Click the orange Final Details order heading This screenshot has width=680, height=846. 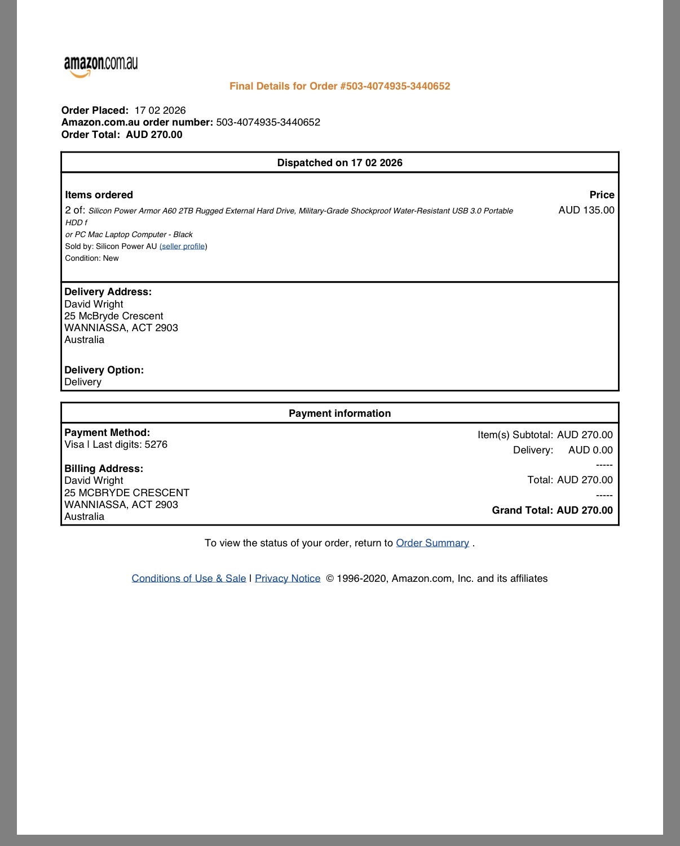339,86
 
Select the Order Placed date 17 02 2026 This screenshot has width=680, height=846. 160,110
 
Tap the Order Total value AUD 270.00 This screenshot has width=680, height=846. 154,135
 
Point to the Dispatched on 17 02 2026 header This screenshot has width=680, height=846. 339,163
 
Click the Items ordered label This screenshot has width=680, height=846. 99,195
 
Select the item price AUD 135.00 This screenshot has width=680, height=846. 586,210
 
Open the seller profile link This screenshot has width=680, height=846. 183,246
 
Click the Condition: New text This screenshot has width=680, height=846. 92,258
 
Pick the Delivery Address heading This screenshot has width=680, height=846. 108,292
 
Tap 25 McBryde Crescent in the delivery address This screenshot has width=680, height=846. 113,316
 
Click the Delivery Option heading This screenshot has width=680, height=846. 104,370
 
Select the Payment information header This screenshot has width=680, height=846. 339,413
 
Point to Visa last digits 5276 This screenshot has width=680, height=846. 116,444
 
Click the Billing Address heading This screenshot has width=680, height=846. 104,469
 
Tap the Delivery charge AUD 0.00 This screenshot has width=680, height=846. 590,450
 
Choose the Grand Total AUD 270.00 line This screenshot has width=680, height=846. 552,510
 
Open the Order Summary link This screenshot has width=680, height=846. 432,543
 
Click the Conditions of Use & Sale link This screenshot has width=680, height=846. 189,578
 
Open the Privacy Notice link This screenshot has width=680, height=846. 288,578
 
